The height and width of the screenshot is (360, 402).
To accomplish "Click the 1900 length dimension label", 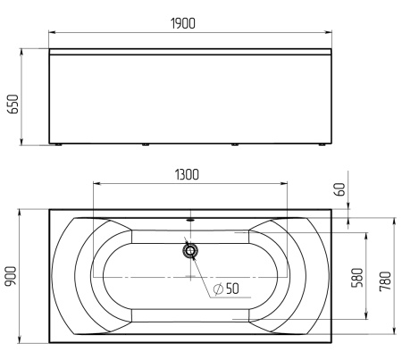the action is pyautogui.click(x=183, y=23).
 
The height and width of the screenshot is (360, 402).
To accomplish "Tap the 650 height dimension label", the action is pyautogui.click(x=13, y=104).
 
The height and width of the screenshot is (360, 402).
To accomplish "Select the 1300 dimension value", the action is pyautogui.click(x=187, y=174).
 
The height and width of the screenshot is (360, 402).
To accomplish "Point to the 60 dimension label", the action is pyautogui.click(x=339, y=189).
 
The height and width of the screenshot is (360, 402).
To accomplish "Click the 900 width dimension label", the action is pyautogui.click(x=11, y=276).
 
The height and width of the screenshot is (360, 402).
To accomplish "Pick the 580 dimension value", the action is pyautogui.click(x=357, y=278).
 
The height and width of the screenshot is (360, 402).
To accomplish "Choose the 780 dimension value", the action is pyautogui.click(x=385, y=281).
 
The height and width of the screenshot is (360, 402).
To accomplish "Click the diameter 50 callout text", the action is pyautogui.click(x=226, y=289).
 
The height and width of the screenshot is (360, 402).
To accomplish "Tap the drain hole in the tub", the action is pyautogui.click(x=190, y=251).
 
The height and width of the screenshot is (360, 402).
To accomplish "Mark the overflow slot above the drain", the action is pyautogui.click(x=190, y=221).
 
